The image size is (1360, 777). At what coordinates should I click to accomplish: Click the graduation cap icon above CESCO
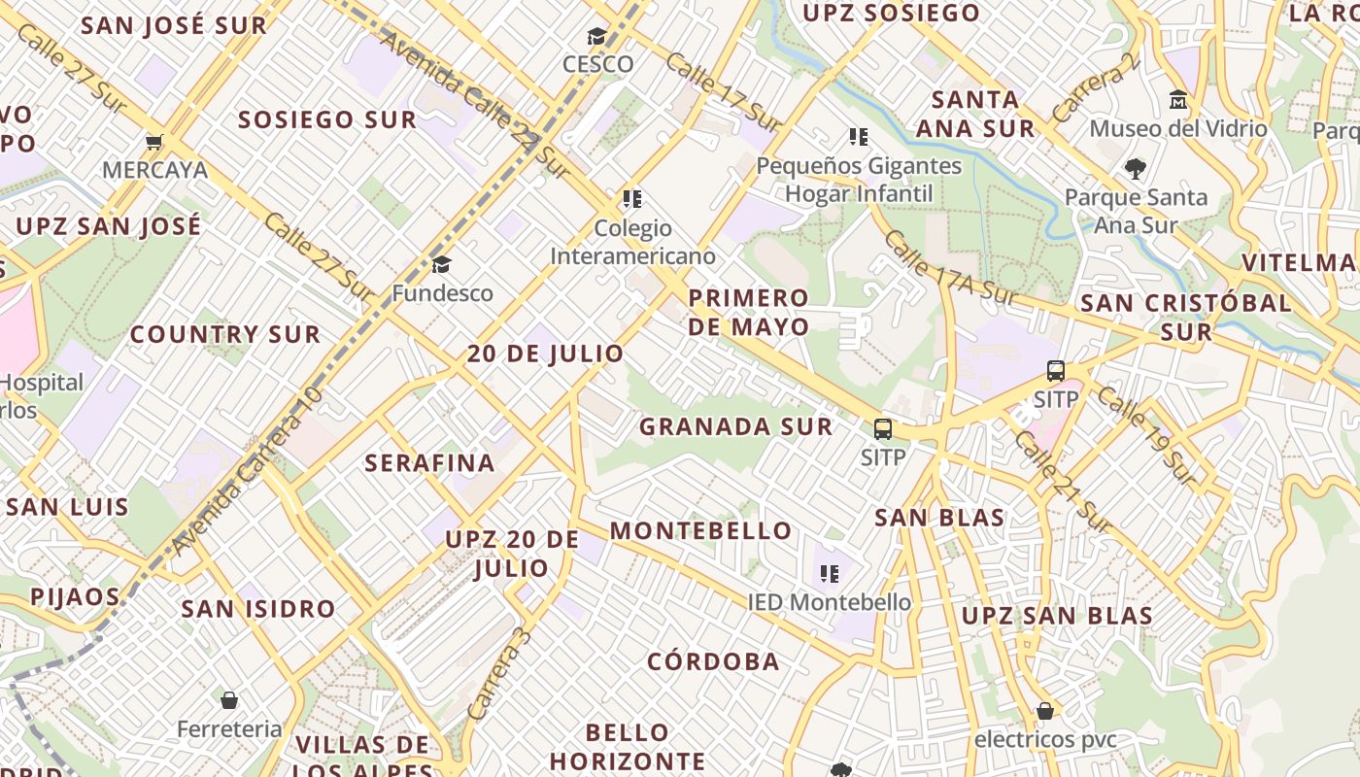pos(596,37)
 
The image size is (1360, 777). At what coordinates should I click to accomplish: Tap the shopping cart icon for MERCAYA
pos(153,143)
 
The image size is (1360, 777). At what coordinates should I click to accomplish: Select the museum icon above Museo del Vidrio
pos(1178,100)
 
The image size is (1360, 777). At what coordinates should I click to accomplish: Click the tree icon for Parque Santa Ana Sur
pos(1135,169)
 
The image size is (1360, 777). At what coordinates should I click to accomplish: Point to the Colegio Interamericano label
pos(632,242)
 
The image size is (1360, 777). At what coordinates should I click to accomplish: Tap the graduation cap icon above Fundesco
pos(441,265)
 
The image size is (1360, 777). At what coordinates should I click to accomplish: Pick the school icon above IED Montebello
pos(829,574)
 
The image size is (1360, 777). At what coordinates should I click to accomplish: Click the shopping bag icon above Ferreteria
pos(229,700)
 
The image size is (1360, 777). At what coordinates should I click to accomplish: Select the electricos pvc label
pos(1044,740)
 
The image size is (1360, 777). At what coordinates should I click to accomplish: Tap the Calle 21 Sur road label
pos(1063,481)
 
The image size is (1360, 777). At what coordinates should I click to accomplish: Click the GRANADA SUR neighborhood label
pos(735,426)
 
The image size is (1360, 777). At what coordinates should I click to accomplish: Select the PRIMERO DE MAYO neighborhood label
pos(748,312)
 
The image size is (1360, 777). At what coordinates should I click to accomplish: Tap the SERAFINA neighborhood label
pos(429,463)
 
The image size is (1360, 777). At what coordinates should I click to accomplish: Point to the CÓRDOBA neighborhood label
pos(713,661)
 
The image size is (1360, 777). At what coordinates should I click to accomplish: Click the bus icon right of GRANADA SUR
pos(882,429)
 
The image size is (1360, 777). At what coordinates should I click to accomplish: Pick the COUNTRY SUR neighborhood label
pos(224,334)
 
